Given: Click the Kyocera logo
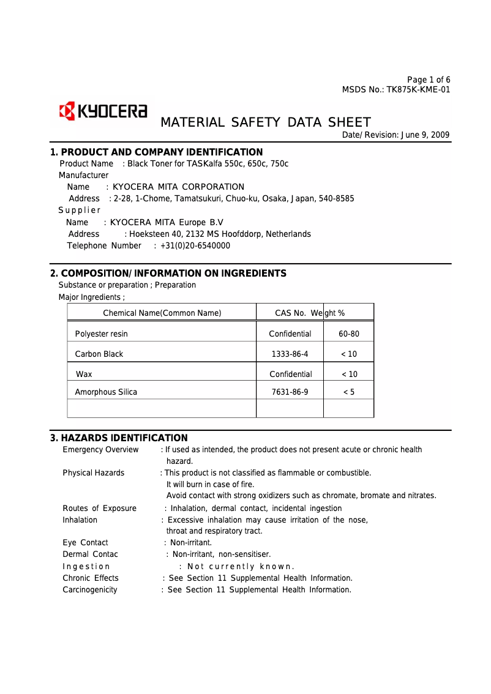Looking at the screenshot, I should (x=102, y=111).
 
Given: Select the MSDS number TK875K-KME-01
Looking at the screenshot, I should (x=418, y=90).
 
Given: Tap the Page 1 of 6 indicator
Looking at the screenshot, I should (x=429, y=80).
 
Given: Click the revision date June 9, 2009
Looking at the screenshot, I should (x=423, y=135).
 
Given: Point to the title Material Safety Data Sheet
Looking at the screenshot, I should (x=265, y=122).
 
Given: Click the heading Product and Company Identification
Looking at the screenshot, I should (x=156, y=152).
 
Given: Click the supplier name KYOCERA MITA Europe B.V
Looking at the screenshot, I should (x=167, y=222).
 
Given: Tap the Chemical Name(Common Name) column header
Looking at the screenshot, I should (x=162, y=313).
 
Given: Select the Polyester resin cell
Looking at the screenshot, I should (x=101, y=334).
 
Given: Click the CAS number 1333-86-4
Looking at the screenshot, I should (x=290, y=354).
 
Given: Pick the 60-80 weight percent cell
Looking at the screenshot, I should (x=348, y=334).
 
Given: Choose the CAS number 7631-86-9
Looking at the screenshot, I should (x=290, y=392).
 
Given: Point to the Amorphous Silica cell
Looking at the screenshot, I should (x=106, y=392).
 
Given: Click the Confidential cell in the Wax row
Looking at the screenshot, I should (x=290, y=374).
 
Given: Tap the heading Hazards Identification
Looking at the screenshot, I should (x=119, y=438).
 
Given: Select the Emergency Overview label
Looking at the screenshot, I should (x=100, y=450).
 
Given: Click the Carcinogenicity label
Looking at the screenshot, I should (x=90, y=590).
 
